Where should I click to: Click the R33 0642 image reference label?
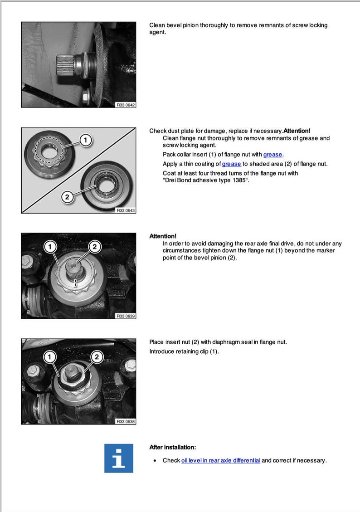pos(126,105)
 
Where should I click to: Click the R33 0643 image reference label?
pos(126,210)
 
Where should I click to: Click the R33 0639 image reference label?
pos(126,316)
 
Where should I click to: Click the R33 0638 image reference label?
pos(126,421)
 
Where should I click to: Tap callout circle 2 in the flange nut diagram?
pos(67,197)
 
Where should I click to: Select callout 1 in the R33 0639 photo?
pos(50,246)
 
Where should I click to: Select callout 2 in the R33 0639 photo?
pos(95,246)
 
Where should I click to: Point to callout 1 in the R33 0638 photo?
pos(50,357)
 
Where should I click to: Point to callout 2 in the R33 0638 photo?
pos(97,357)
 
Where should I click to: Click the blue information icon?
pos(118,458)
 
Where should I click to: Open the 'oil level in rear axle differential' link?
pos(220,460)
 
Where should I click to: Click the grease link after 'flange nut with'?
pos(272,155)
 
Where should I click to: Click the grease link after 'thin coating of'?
pos(231,164)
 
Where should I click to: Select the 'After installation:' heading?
pos(173,447)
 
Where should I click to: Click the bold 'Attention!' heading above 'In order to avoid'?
pos(163,236)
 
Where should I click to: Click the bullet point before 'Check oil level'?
pos(155,461)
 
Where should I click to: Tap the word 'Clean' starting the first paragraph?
pos(157,25)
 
